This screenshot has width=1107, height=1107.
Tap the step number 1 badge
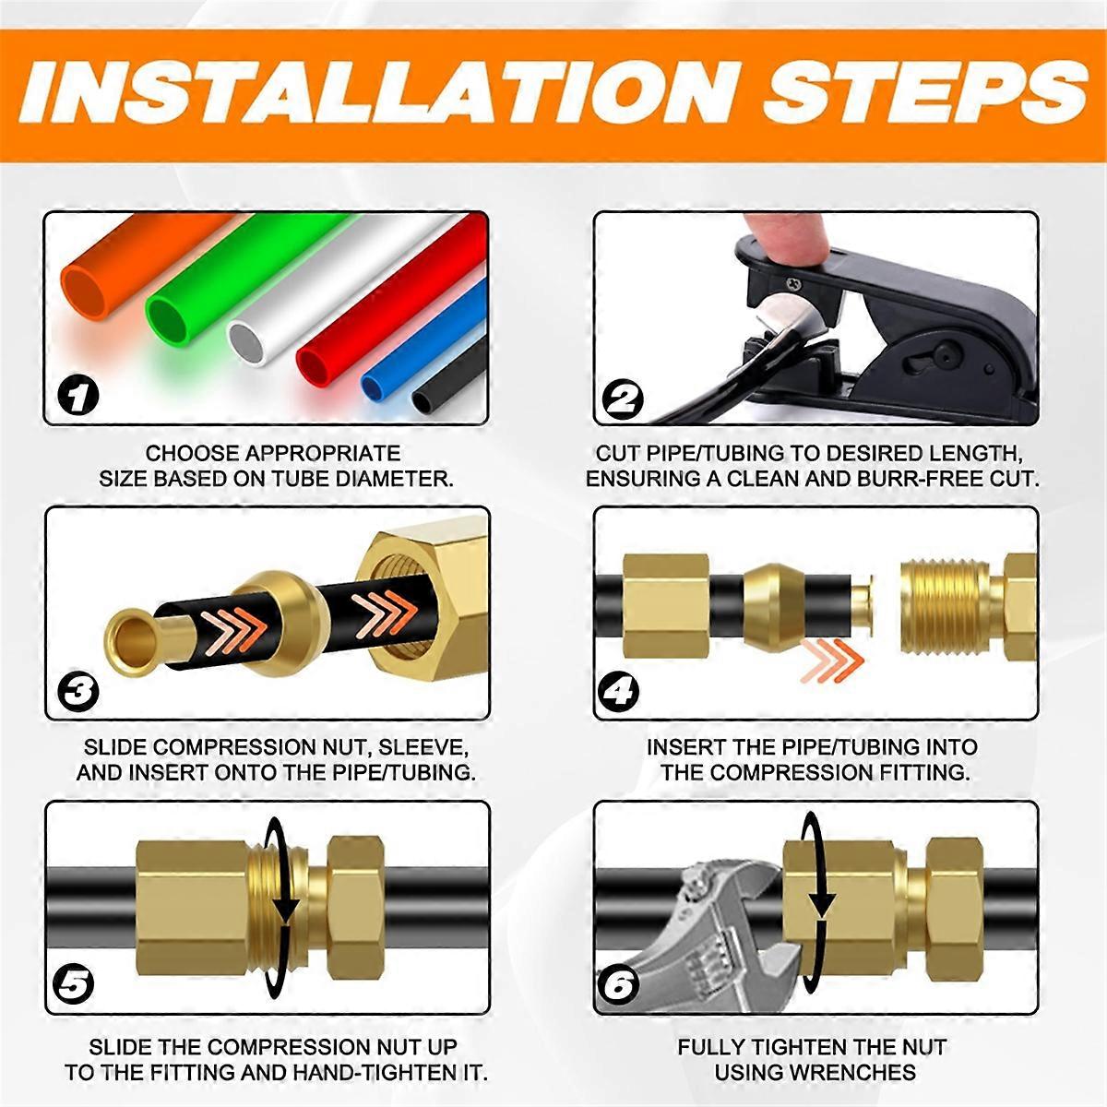tap(77, 396)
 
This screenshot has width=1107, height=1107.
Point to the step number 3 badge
tap(77, 691)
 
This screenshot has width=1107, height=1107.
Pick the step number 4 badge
tap(619, 691)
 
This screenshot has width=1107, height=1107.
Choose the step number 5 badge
tap(73, 986)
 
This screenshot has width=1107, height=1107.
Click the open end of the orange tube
tap(85, 292)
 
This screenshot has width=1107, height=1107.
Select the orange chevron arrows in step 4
tap(832, 661)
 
